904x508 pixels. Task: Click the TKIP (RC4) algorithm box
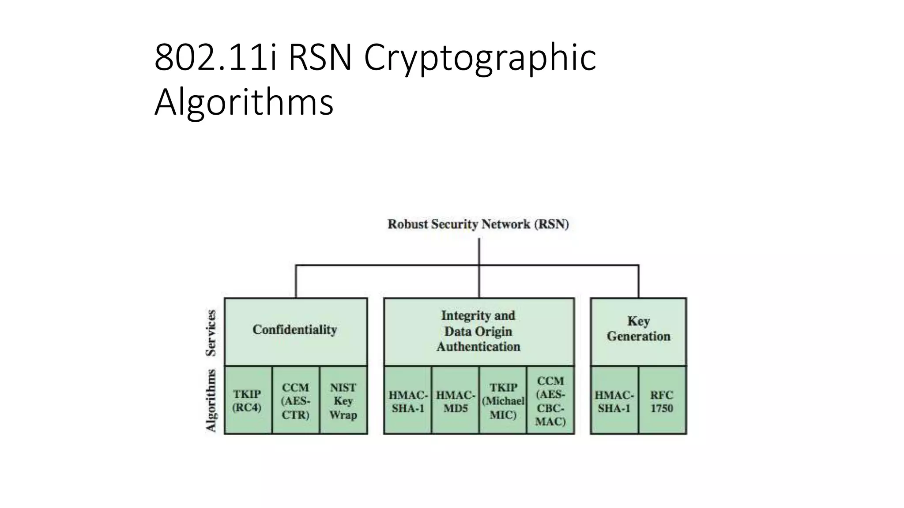click(248, 400)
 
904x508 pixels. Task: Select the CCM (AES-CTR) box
click(295, 400)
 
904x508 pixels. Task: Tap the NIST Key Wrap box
click(343, 400)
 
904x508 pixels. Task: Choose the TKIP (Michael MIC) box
click(503, 400)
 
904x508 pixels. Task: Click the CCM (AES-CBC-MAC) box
click(550, 400)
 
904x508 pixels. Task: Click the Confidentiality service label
click(295, 330)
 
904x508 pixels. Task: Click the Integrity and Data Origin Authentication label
click(478, 331)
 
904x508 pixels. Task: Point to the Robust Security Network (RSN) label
click(478, 224)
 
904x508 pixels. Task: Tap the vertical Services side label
click(211, 333)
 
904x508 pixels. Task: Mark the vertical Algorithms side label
click(211, 400)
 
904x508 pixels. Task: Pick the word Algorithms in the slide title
click(244, 102)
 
